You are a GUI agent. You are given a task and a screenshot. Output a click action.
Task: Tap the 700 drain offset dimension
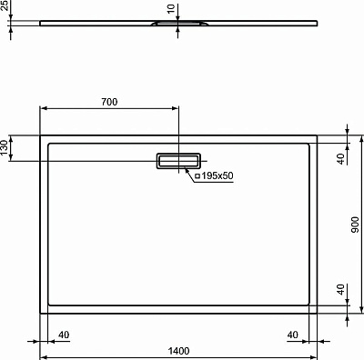(x=109, y=102)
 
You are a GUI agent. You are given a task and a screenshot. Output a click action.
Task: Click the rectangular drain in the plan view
(x=178, y=160)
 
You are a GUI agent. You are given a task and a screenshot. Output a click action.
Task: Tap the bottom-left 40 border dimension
(x=64, y=335)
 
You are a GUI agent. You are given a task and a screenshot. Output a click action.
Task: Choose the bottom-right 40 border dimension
(x=293, y=335)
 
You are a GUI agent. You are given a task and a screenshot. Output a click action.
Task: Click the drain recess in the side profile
(x=170, y=26)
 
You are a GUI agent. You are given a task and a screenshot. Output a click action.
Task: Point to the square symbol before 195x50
(x=197, y=175)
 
